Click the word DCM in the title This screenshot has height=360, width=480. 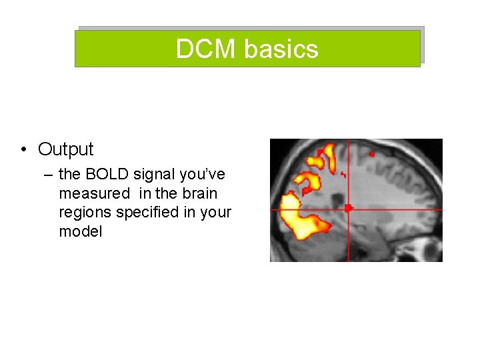(207, 49)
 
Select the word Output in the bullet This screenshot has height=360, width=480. (66, 149)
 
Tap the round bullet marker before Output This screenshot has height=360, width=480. (23, 149)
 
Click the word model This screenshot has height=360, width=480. (81, 232)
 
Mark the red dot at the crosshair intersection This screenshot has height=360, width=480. (347, 209)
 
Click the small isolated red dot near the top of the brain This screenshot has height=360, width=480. (372, 154)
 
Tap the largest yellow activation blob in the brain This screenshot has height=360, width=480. (300, 217)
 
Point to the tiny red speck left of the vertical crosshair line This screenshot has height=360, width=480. (343, 175)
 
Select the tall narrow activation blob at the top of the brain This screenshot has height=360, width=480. (328, 158)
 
